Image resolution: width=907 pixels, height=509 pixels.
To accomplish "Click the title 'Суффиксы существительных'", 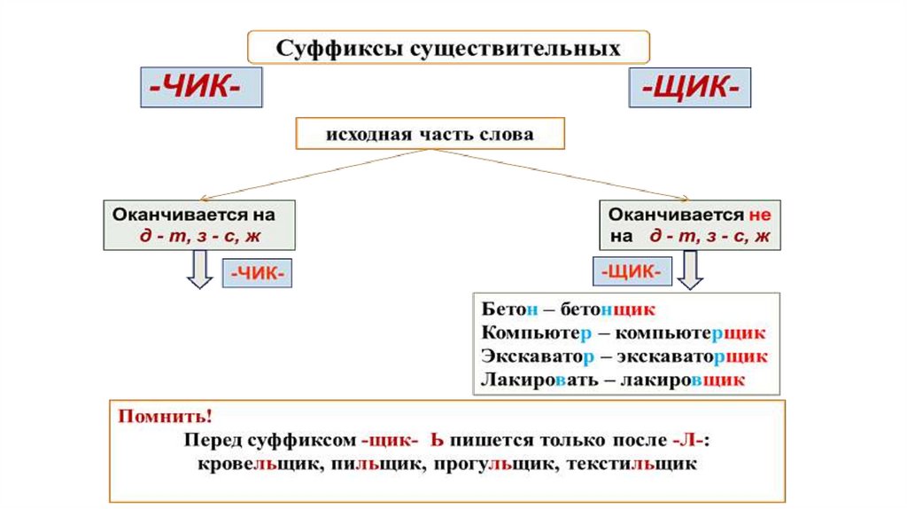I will pos(449,47).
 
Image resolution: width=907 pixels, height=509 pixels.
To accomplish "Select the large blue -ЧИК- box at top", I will pos(201,88).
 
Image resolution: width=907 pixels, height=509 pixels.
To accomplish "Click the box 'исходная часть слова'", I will pos(430,136).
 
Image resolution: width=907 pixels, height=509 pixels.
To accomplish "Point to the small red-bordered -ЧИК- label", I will pos(258,274).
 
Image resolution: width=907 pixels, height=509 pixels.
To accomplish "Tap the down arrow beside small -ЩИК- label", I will pos(691,270).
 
